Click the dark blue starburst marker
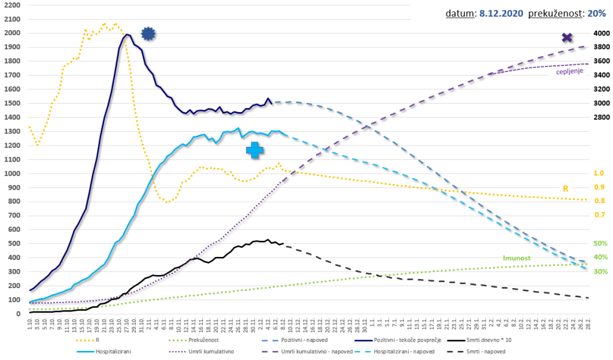click(148, 34)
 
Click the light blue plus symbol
click(254, 150)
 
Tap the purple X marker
click(567, 38)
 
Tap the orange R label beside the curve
click(565, 188)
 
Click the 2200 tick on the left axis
click(11, 5)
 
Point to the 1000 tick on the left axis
click(11, 174)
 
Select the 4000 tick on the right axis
click(600, 34)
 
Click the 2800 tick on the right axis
click(600, 117)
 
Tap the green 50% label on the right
click(600, 244)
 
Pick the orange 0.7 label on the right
click(599, 214)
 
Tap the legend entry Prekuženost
click(199, 340)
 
